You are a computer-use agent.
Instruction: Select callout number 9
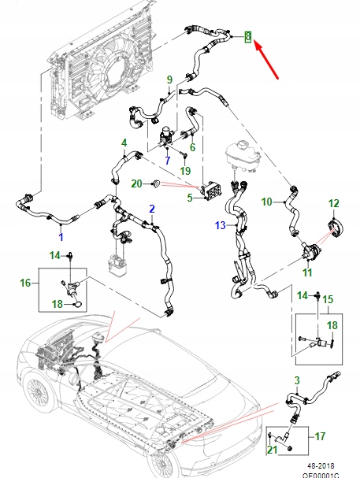[169, 80]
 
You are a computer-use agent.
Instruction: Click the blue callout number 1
[61, 235]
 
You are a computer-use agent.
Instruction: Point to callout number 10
[266, 202]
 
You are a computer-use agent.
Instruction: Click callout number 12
[333, 204]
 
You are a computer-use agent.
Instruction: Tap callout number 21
[272, 449]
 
